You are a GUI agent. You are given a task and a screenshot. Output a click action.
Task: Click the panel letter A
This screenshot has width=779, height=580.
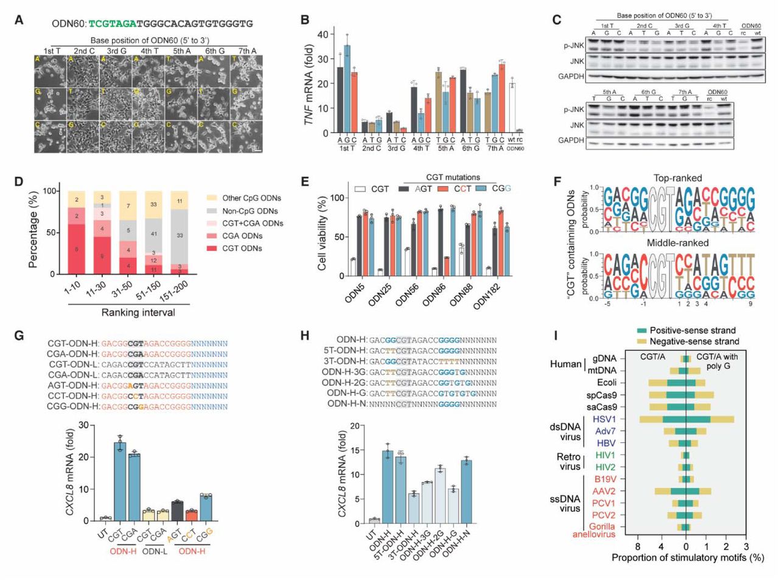[19, 19]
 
